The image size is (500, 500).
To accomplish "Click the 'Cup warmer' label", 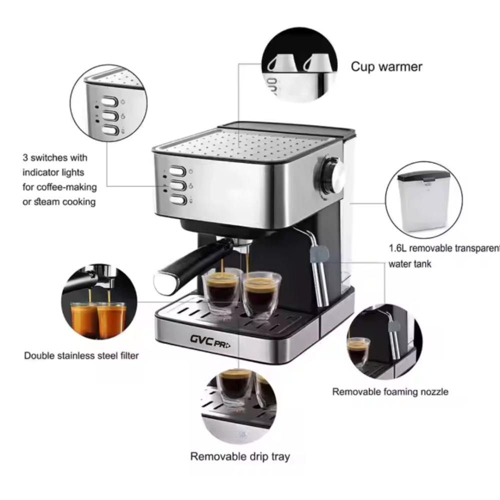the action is pyautogui.click(x=386, y=66).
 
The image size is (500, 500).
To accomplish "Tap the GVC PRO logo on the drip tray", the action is pyautogui.click(x=210, y=341).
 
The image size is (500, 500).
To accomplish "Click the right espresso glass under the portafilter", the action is pyautogui.click(x=261, y=295).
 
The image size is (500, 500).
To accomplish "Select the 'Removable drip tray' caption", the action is pyautogui.click(x=240, y=456).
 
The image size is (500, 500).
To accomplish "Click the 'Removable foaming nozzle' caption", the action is pyautogui.click(x=390, y=391).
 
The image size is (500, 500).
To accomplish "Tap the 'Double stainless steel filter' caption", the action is pyautogui.click(x=81, y=355).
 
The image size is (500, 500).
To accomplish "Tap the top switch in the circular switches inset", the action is pyautogui.click(x=109, y=102).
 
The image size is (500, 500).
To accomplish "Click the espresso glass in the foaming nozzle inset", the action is pyautogui.click(x=358, y=352).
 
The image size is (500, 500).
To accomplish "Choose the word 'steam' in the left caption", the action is pyautogui.click(x=46, y=202).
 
